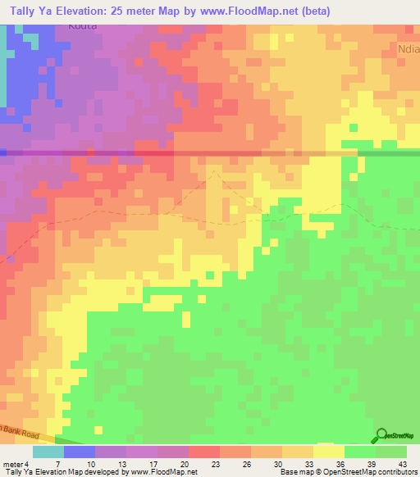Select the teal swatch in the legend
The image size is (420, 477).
(48, 452)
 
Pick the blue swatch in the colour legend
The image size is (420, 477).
(80, 452)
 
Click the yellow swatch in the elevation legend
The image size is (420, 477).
(328, 452)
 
